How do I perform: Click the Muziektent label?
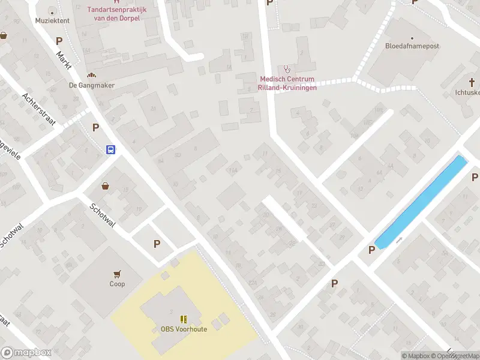52,20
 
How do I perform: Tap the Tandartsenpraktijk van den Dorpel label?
113,14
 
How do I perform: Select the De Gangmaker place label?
92,85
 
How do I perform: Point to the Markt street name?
64,61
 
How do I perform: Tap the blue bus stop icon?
111,150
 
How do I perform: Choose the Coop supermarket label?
117,284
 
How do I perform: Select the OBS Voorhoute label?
184,329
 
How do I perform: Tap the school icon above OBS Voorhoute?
184,319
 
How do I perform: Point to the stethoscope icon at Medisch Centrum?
286,69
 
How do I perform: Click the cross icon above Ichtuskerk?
471,82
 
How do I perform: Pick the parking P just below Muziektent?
59,41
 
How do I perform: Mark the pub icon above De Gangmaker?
91,75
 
